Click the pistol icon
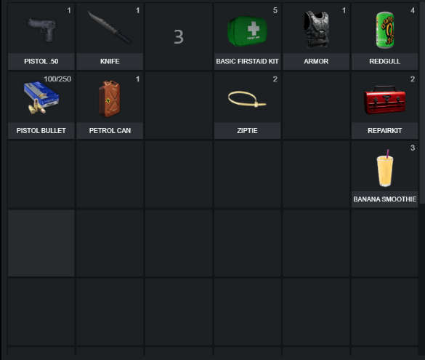(x=42, y=29)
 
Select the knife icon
(x=110, y=28)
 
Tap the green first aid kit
(x=247, y=31)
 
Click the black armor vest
(x=316, y=30)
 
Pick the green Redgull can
(x=385, y=30)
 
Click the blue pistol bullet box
(x=41, y=97)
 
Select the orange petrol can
(x=110, y=99)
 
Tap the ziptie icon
(x=247, y=99)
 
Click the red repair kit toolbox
(x=384, y=100)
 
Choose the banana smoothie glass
(x=385, y=169)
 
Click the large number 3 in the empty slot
(x=179, y=37)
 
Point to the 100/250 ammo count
(x=57, y=79)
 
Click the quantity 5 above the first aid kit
(x=275, y=10)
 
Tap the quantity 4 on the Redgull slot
(x=413, y=10)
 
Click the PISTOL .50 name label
(x=41, y=61)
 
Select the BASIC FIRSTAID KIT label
(x=247, y=61)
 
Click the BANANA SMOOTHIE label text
(x=384, y=199)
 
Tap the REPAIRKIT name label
(x=384, y=130)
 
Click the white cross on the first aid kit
(x=254, y=28)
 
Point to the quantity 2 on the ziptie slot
(x=275, y=79)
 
